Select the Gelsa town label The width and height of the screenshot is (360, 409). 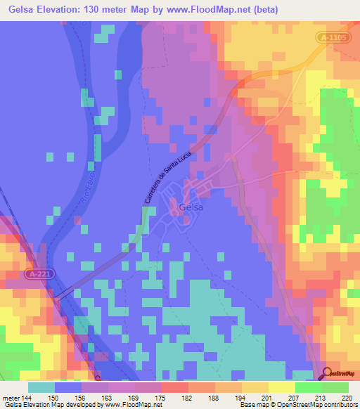[x=191, y=208]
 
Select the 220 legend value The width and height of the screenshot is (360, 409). [x=347, y=397]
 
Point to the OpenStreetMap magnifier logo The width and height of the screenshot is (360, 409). [x=327, y=373]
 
